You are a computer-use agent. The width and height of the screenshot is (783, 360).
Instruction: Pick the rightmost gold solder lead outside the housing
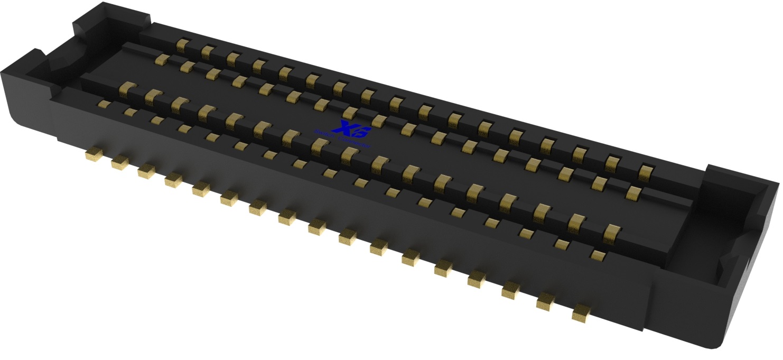click(581, 313)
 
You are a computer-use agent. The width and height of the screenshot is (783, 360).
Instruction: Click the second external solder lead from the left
click(120, 162)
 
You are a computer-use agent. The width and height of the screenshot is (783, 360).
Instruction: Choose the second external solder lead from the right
click(547, 302)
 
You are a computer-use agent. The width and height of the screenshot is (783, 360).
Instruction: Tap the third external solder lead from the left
click(146, 171)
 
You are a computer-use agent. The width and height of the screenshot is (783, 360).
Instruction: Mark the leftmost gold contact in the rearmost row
click(182, 45)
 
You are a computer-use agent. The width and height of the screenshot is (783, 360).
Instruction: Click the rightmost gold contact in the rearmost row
click(646, 172)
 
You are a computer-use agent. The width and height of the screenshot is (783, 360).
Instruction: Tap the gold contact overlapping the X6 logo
click(349, 112)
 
